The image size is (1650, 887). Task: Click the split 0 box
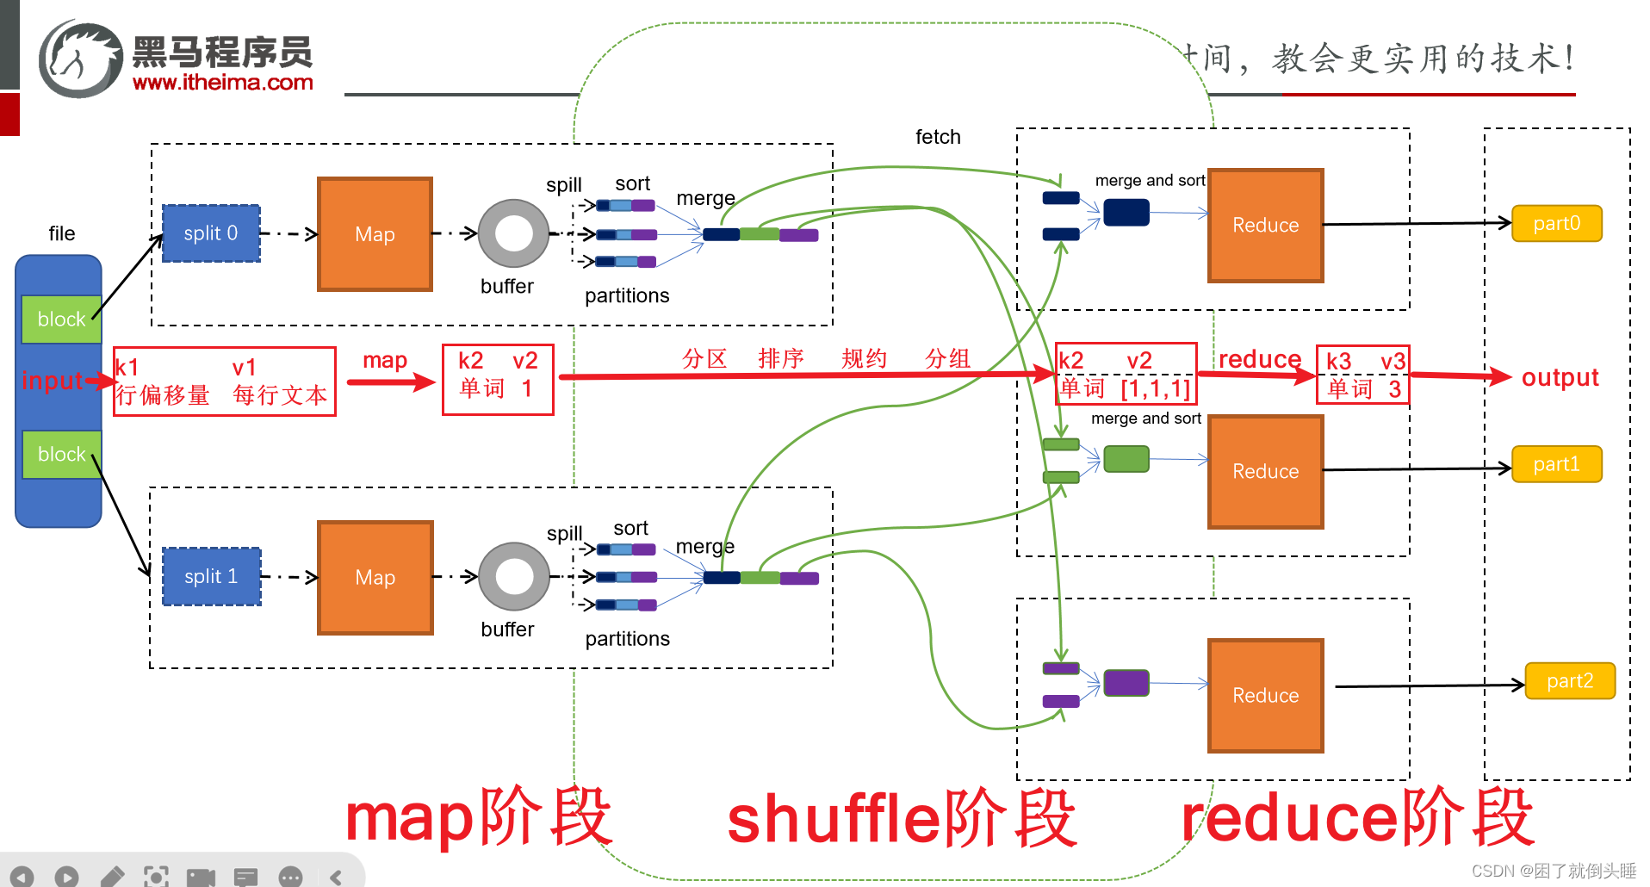click(211, 233)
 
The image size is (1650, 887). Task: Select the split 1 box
click(211, 576)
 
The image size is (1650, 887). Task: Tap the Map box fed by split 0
click(375, 234)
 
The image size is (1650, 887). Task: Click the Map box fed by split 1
click(375, 577)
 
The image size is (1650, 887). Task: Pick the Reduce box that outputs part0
click(1265, 226)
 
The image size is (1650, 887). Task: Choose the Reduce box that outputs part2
click(1265, 695)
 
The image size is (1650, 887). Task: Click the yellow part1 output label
click(1556, 464)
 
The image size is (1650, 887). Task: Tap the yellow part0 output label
click(1556, 224)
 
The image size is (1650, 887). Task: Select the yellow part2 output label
click(1569, 681)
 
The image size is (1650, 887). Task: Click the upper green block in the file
click(61, 319)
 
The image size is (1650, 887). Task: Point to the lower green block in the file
click(61, 454)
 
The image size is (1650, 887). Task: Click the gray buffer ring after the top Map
click(513, 233)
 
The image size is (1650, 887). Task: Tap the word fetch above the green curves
click(938, 137)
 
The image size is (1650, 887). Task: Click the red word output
click(1560, 377)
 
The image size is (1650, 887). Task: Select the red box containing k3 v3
click(1362, 374)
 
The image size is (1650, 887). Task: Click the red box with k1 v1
click(224, 381)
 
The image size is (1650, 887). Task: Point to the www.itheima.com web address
click(222, 83)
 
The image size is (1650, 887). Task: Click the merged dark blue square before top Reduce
click(1126, 212)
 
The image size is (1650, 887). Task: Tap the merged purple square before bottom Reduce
click(1126, 683)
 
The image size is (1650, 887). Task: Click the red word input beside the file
click(52, 380)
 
